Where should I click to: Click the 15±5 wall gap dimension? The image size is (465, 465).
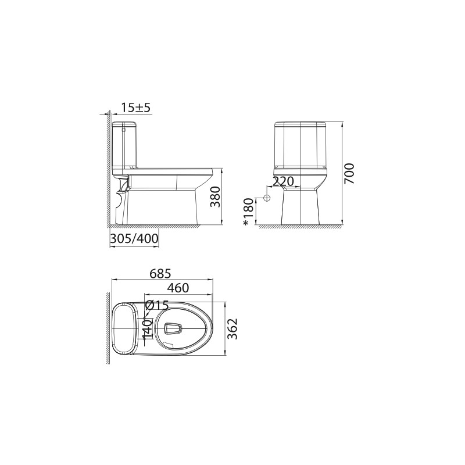click(x=136, y=107)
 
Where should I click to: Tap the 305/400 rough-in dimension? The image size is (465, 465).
click(x=134, y=238)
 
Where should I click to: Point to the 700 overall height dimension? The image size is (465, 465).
click(x=349, y=173)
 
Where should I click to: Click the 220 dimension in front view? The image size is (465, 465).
click(x=283, y=181)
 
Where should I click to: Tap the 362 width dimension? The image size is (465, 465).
click(x=233, y=330)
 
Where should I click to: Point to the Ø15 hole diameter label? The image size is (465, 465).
click(x=157, y=305)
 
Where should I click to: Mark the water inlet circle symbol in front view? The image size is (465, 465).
click(x=267, y=198)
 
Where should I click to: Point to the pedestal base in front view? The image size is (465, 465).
click(x=301, y=206)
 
